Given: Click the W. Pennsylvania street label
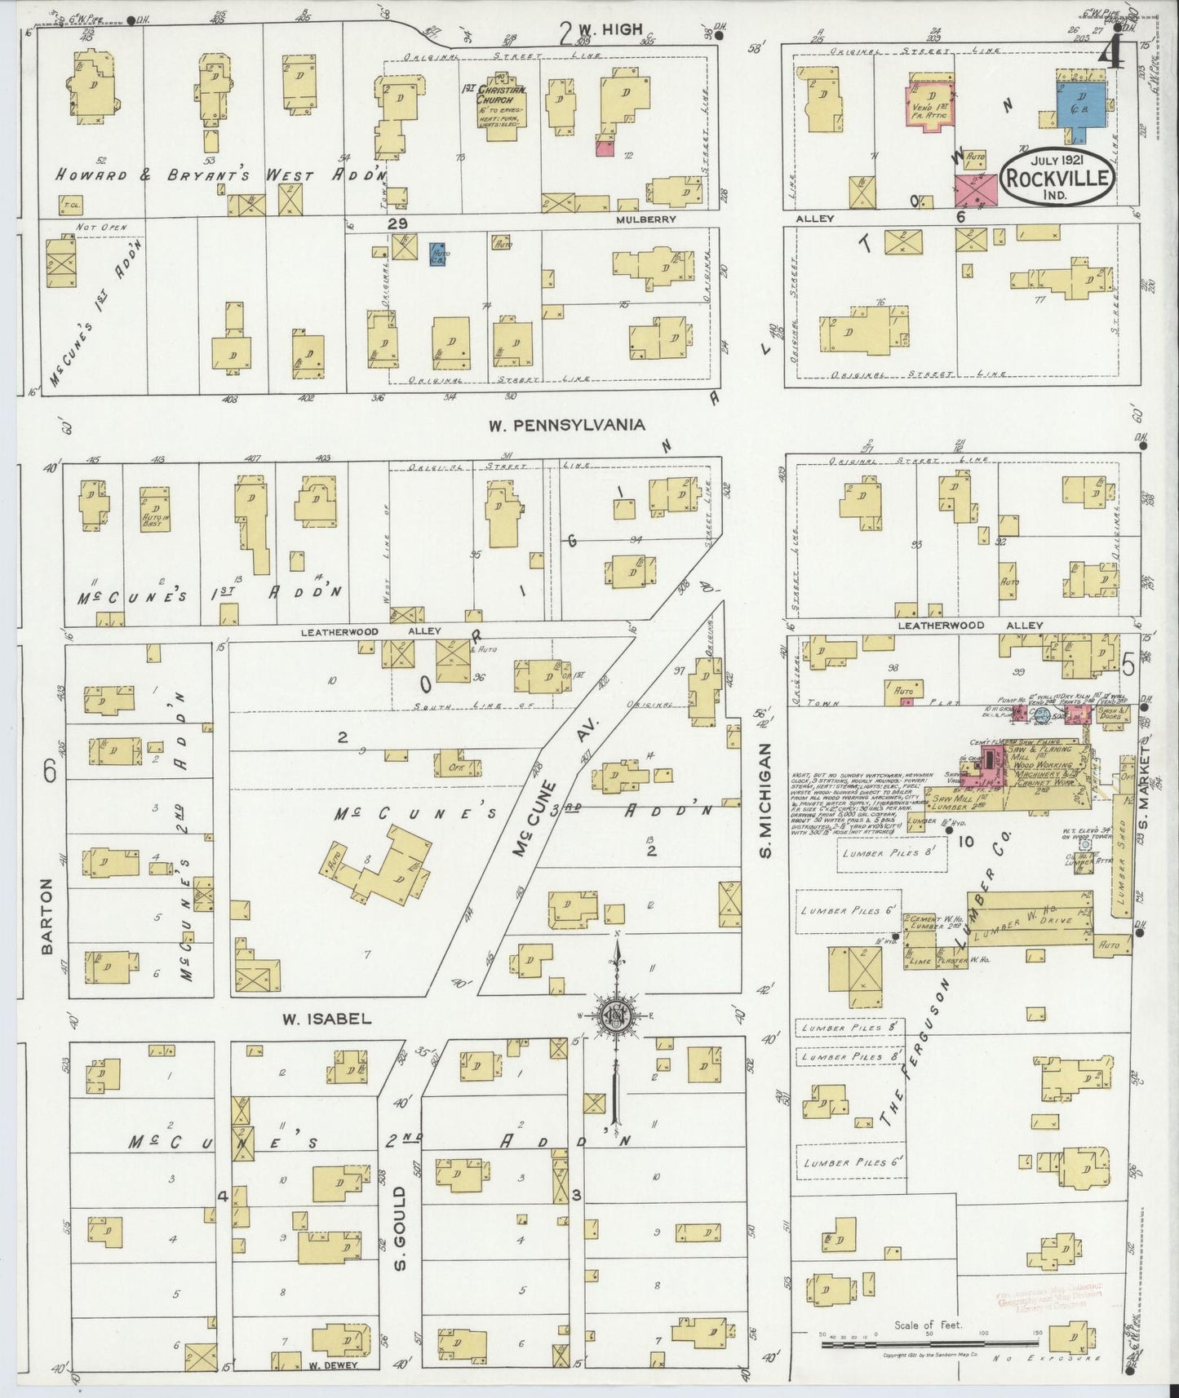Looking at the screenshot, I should click(x=566, y=425).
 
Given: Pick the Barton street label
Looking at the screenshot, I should click(x=47, y=916).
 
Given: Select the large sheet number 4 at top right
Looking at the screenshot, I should click(x=1109, y=55).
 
